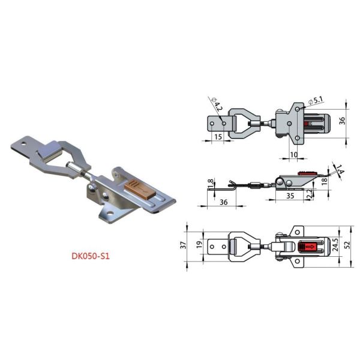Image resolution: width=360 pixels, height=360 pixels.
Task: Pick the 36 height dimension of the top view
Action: (x=343, y=120)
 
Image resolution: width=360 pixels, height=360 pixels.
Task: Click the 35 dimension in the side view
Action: (x=290, y=196)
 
